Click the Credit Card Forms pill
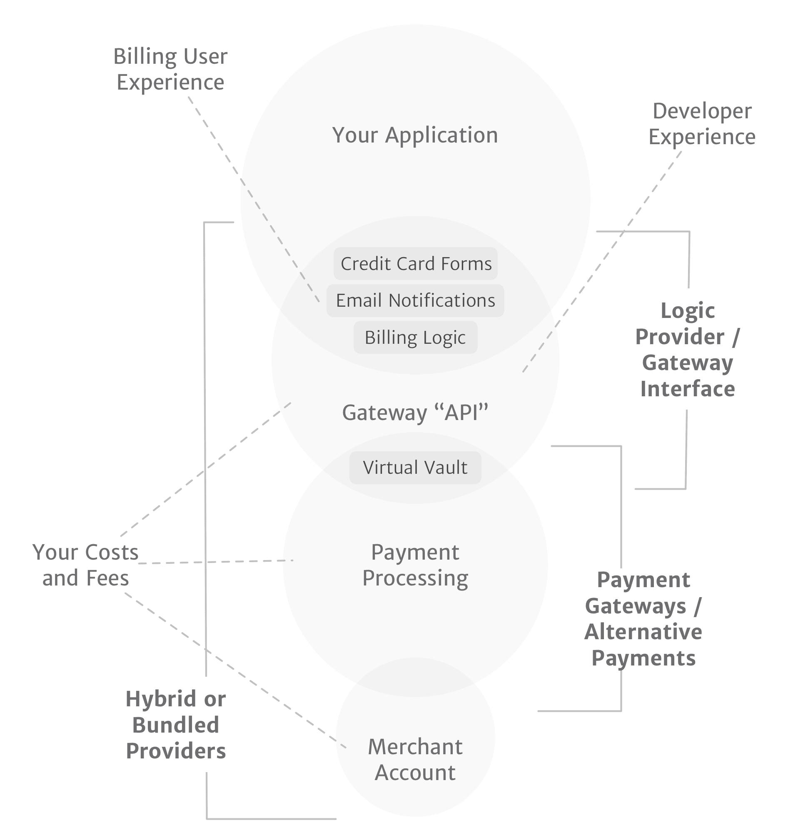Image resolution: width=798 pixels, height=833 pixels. point(415,263)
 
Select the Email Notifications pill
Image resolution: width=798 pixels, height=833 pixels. point(415,300)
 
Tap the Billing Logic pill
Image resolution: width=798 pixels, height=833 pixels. point(415,338)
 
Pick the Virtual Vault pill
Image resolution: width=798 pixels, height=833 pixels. point(415,468)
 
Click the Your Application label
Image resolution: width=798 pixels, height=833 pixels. point(415,135)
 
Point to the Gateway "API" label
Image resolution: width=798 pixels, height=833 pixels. point(415,413)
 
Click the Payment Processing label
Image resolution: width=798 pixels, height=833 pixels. point(415,565)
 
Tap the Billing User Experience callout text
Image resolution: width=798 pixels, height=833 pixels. point(170,69)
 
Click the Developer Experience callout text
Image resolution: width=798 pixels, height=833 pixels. point(702,124)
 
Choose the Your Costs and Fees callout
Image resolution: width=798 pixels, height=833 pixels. point(85,565)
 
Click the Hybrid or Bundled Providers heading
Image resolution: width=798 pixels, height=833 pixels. point(176,725)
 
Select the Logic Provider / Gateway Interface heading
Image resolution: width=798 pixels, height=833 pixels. point(688,350)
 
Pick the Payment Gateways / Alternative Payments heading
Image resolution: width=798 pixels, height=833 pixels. point(643,619)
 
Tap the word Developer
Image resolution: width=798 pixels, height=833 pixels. point(702,111)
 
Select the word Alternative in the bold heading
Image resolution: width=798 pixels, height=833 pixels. point(643,632)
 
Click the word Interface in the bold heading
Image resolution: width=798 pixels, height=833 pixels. point(688,389)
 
